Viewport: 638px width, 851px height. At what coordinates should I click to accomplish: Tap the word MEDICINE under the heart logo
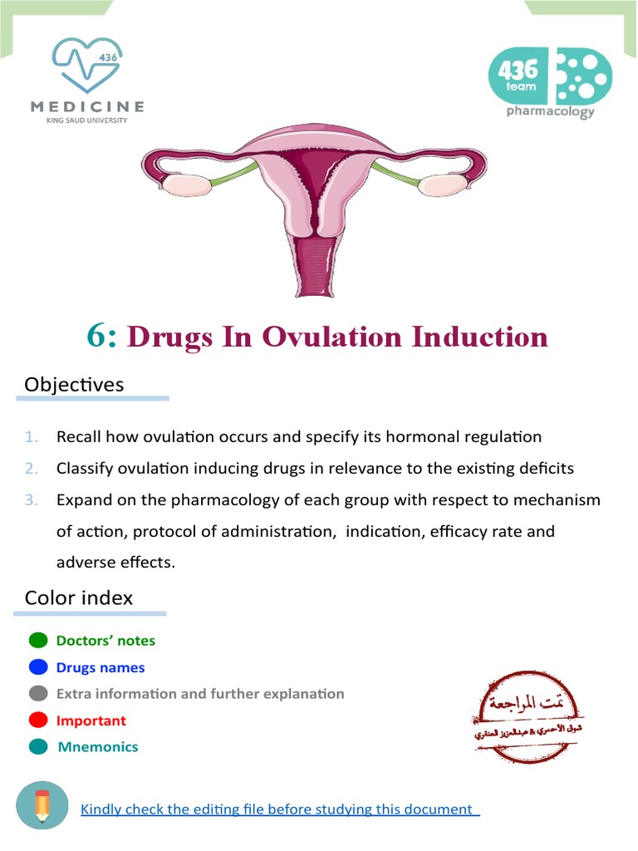[87, 106]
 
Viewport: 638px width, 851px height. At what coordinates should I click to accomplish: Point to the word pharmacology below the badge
[550, 111]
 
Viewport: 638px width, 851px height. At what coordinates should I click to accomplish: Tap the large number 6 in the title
[101, 337]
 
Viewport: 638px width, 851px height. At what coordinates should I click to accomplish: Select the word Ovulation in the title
[332, 337]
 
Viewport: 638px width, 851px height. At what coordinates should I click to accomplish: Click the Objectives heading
[74, 385]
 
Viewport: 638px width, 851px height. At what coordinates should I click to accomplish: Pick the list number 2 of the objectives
[32, 468]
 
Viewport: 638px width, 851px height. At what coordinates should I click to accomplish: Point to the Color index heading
[79, 598]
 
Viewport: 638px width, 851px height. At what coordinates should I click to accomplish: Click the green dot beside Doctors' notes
[38, 641]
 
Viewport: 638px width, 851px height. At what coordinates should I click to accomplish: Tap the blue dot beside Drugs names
[38, 667]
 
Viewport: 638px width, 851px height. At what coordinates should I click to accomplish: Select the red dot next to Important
[38, 721]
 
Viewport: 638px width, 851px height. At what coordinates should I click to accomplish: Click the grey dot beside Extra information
[38, 694]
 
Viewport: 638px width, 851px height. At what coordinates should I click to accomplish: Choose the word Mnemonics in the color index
[98, 747]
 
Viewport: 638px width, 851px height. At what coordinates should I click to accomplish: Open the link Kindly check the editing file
[279, 809]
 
